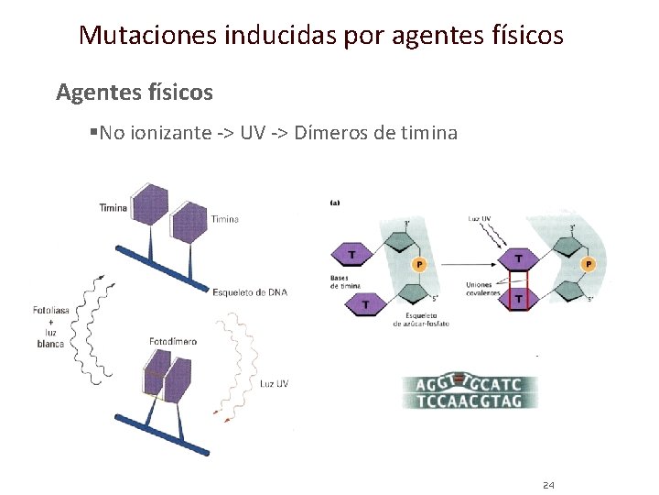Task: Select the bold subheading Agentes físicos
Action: pyautogui.click(x=134, y=92)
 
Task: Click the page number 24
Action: pyautogui.click(x=548, y=485)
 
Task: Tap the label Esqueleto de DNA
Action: pyautogui.click(x=249, y=292)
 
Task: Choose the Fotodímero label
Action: pyautogui.click(x=172, y=342)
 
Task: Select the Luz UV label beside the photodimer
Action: pyautogui.click(x=274, y=383)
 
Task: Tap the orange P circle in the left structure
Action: pyautogui.click(x=419, y=264)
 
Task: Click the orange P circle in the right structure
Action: pyautogui.click(x=588, y=264)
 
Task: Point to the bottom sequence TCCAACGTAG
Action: pyautogui.click(x=470, y=401)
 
